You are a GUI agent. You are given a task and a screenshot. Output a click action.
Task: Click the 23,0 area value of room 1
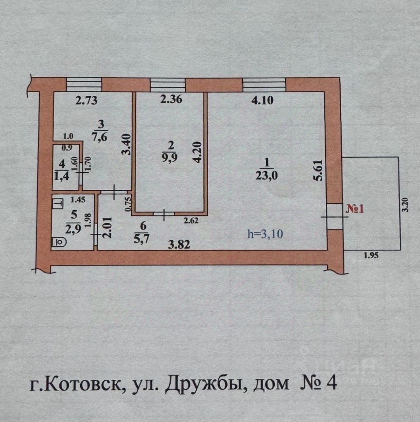click(x=267, y=176)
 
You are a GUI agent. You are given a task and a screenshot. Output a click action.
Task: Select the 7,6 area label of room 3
click(x=99, y=137)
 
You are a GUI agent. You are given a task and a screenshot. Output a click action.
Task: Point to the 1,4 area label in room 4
click(x=62, y=176)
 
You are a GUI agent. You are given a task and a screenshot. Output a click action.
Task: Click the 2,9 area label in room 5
click(x=73, y=229)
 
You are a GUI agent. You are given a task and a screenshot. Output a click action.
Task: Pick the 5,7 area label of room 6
click(x=141, y=238)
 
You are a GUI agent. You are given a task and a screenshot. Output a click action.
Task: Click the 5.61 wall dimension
click(x=318, y=171)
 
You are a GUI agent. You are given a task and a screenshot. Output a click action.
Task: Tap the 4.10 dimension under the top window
click(x=262, y=100)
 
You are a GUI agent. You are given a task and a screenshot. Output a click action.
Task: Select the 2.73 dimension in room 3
click(x=86, y=100)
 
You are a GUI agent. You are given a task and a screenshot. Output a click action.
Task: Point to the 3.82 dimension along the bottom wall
click(x=179, y=245)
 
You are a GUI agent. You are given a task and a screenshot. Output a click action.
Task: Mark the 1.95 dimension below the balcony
click(x=371, y=255)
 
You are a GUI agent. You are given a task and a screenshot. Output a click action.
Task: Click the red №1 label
click(x=355, y=209)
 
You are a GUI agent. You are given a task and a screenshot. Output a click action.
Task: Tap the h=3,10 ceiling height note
click(x=265, y=234)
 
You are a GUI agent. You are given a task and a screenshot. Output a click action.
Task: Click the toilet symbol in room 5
click(x=59, y=242)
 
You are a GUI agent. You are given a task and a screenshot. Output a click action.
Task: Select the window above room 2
click(x=168, y=84)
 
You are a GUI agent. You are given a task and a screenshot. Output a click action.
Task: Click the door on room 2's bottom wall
click(x=164, y=214)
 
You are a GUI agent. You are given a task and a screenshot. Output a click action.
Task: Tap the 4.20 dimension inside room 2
click(x=197, y=153)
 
